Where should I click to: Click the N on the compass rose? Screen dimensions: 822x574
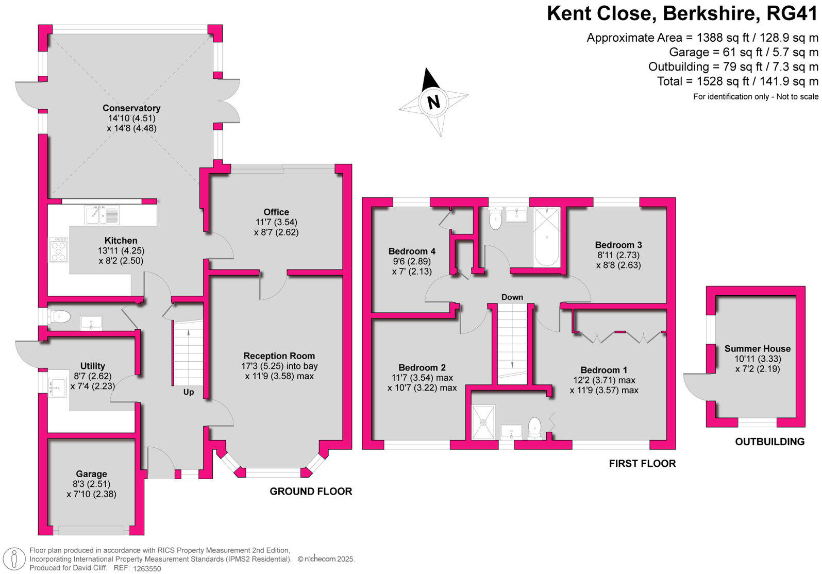[x=434, y=102]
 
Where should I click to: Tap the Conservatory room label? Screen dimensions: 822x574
[x=131, y=108]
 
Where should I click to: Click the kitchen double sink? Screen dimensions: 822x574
[x=102, y=215]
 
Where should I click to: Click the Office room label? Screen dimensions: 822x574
[x=276, y=212]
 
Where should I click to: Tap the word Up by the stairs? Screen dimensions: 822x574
[x=189, y=392]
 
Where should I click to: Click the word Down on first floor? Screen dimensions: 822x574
[x=512, y=297]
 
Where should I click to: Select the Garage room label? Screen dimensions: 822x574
[x=91, y=474]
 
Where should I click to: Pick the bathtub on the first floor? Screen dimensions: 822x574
[x=547, y=237]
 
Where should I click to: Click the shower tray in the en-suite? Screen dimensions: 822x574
[x=483, y=422]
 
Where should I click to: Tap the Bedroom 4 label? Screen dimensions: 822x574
[x=412, y=251]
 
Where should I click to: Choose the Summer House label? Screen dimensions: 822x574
[x=757, y=349]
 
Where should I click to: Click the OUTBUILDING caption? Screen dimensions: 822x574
[x=769, y=442]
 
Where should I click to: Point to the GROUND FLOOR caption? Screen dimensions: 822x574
[x=311, y=492]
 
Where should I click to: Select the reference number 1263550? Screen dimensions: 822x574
[x=147, y=569]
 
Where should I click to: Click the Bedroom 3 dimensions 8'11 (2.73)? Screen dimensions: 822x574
[x=618, y=255]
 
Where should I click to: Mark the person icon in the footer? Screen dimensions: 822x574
[x=14, y=559]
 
